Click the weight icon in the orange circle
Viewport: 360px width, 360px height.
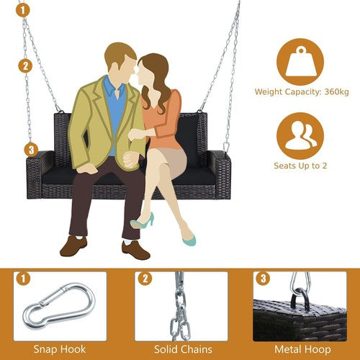click(300, 63)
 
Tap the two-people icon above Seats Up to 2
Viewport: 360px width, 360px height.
click(301, 135)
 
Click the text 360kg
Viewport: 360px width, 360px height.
click(336, 91)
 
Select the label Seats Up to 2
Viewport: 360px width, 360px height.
click(300, 166)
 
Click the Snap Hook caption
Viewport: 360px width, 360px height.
click(60, 349)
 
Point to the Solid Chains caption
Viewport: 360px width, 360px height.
click(183, 349)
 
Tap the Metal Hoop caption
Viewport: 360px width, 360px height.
click(302, 349)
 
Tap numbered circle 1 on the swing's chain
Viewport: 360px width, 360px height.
click(23, 10)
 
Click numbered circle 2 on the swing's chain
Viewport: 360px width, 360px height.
click(25, 66)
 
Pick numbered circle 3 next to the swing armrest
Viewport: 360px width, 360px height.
click(31, 150)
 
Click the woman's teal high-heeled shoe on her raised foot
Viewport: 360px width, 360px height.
click(143, 221)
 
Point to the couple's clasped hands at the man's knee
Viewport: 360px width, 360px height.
click(131, 161)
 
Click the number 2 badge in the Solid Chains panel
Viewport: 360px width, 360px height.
click(145, 279)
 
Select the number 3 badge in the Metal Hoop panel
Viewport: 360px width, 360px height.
click(263, 279)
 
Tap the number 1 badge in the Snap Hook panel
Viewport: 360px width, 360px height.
click(23, 279)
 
